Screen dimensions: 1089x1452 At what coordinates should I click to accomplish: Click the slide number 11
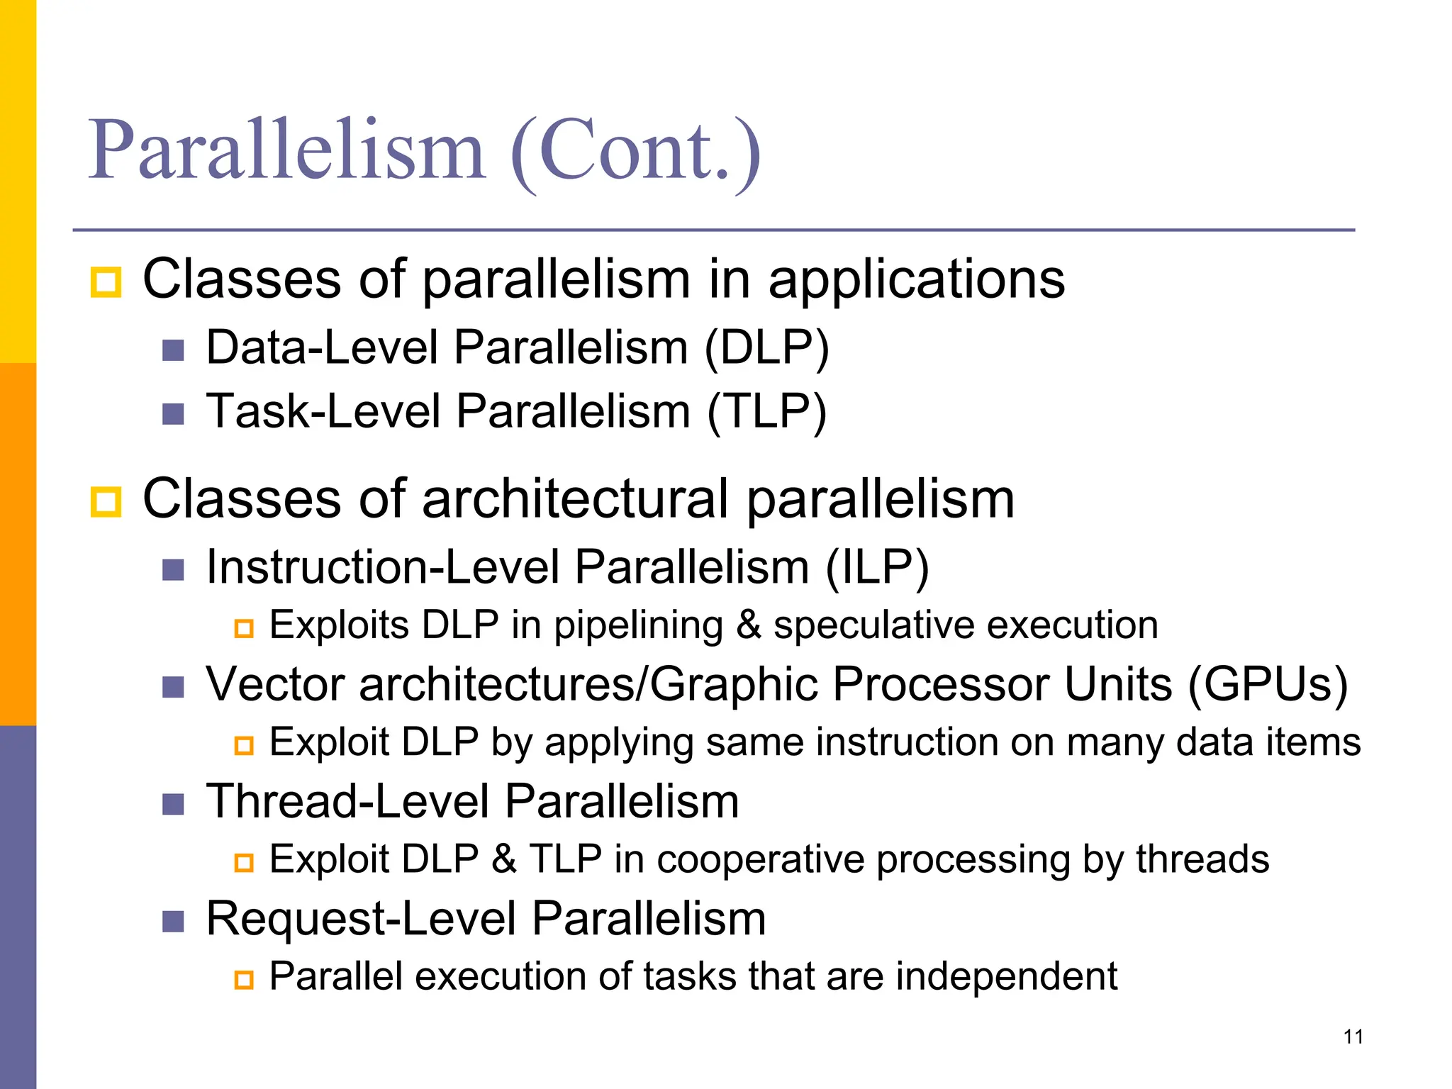tap(1353, 1037)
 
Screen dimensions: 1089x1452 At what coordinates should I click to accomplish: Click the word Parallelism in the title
tap(287, 151)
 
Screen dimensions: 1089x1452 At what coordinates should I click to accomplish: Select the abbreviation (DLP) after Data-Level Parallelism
tap(766, 348)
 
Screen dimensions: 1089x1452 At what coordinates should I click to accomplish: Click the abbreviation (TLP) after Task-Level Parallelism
tap(766, 412)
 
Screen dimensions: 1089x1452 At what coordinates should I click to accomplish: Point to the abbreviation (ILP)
tap(877, 568)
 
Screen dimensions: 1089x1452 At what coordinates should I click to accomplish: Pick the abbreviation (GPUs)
tap(1267, 685)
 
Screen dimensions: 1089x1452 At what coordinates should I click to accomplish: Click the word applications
tap(916, 279)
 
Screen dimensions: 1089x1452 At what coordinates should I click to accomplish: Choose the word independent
tap(1006, 977)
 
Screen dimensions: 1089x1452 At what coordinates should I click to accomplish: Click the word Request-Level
tap(361, 920)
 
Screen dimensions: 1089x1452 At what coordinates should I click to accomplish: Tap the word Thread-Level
tap(347, 802)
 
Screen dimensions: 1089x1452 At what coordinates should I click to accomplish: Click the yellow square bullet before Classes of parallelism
tap(106, 282)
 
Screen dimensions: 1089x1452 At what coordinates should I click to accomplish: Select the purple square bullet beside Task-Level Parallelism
tap(173, 414)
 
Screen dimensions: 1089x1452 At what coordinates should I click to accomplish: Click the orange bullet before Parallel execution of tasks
tap(244, 981)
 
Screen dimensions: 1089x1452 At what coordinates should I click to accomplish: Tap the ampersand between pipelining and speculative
tap(748, 625)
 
